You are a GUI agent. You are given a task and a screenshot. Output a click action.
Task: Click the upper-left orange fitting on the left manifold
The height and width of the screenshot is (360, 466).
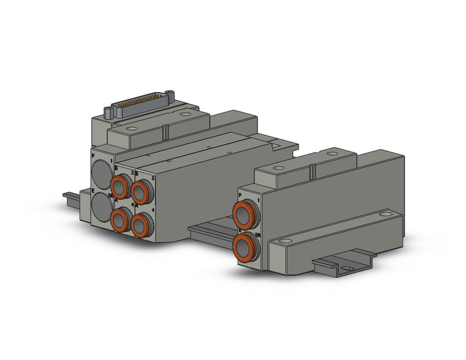(120, 185)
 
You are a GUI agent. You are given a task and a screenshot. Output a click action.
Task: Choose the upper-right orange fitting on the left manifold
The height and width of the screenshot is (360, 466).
(141, 192)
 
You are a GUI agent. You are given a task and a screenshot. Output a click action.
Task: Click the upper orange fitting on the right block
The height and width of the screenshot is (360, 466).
(245, 215)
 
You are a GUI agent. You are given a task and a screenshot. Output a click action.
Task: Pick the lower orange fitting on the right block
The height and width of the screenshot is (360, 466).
(245, 247)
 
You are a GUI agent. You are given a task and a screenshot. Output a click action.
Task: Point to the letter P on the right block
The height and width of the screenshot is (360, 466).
(240, 194)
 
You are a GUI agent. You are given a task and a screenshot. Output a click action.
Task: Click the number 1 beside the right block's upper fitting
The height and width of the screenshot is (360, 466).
(259, 200)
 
